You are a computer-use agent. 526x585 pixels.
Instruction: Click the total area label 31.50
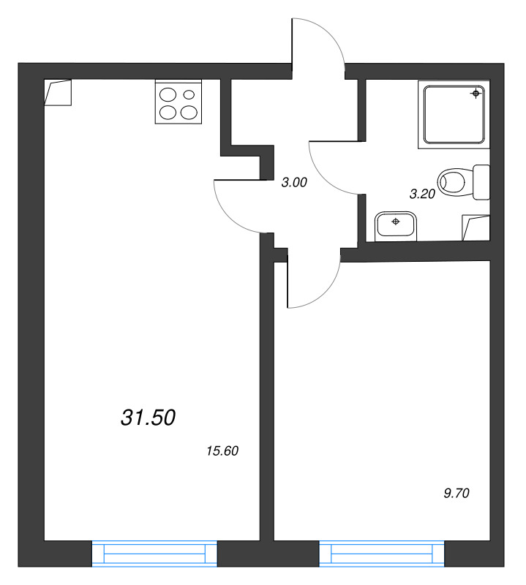(148, 418)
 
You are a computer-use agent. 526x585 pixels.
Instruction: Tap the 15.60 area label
(223, 451)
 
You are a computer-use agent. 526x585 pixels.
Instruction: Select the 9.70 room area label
(456, 493)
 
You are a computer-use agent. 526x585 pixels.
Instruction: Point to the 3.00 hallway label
(294, 184)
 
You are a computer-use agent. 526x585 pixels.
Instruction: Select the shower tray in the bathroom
(454, 114)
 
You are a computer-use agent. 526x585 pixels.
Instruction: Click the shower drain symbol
(476, 94)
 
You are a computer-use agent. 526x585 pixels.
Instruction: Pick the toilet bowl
(456, 181)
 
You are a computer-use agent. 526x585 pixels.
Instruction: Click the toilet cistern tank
(481, 181)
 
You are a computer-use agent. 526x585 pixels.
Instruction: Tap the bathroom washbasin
(396, 225)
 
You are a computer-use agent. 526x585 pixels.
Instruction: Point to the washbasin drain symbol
(396, 221)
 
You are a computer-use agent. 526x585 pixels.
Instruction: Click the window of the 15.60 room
(155, 553)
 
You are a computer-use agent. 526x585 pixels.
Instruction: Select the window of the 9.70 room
(381, 553)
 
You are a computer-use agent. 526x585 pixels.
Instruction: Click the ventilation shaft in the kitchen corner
(58, 92)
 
